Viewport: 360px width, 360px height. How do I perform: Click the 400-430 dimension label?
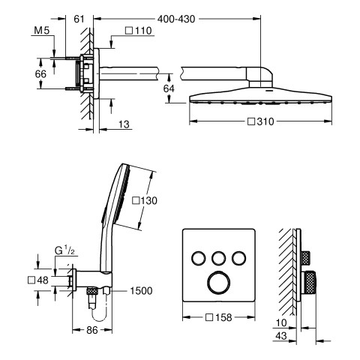(x=176, y=19)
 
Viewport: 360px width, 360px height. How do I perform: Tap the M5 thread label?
(x=42, y=31)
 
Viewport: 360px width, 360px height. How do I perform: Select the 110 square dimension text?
(x=139, y=31)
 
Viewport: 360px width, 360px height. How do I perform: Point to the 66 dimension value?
(x=40, y=74)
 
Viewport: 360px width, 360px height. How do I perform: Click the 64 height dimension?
(x=169, y=88)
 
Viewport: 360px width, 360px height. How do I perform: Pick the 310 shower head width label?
(x=261, y=121)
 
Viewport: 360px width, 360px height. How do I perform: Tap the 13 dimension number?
(x=124, y=124)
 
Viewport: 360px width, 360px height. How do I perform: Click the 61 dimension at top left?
(x=79, y=19)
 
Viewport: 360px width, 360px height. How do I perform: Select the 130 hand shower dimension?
(x=145, y=200)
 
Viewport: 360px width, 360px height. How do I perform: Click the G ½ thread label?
(x=64, y=250)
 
